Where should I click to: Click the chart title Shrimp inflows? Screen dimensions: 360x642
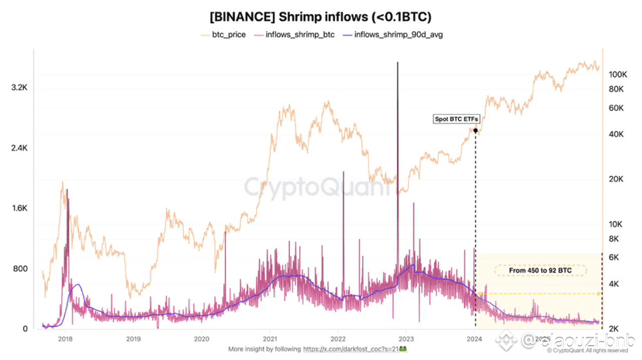(320, 15)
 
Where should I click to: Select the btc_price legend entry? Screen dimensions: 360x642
(232, 35)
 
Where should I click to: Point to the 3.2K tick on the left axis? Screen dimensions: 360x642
(19, 88)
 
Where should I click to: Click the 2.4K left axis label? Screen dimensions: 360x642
(19, 148)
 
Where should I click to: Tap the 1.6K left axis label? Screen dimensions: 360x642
(19, 209)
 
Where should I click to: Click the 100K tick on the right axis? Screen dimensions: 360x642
(617, 74)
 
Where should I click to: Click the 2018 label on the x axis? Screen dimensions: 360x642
(64, 339)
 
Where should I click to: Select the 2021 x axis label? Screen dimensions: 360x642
(271, 339)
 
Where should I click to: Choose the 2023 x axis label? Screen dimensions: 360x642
(407, 339)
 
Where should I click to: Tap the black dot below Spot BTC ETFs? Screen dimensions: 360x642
(475, 130)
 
